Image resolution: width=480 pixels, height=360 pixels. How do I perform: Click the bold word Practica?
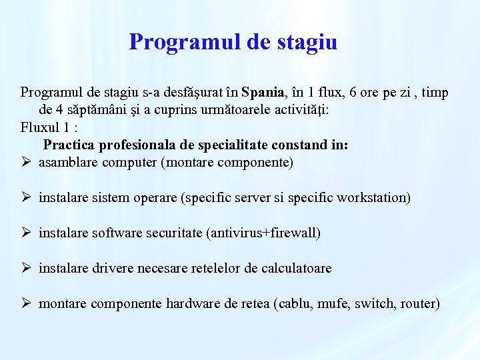(x=71, y=145)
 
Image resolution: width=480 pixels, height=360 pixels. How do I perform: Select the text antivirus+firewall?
(x=263, y=233)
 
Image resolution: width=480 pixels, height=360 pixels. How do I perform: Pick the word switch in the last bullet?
(x=375, y=303)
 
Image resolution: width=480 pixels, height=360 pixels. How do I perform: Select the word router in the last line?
(x=417, y=303)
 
